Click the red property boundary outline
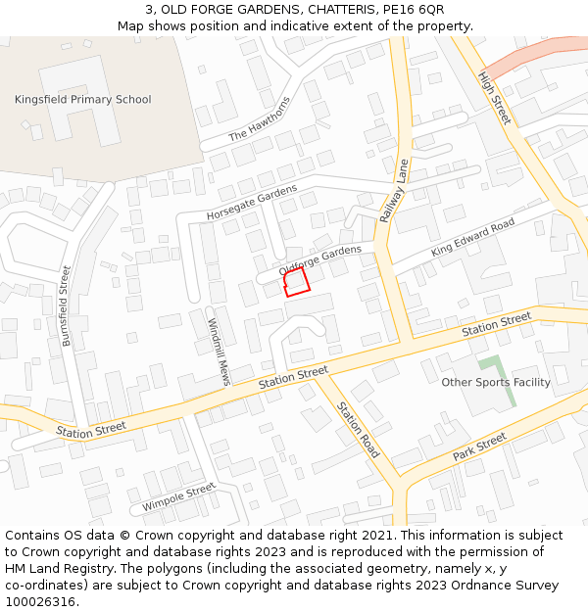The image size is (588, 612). click(296, 283)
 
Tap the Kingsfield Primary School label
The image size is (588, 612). click(82, 99)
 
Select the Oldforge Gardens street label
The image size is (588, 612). click(319, 259)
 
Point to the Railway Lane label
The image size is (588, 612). click(393, 191)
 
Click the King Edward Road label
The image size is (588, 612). click(472, 239)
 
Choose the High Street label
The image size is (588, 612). click(495, 97)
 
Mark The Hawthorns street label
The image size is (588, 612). click(260, 120)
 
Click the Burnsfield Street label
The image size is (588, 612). click(67, 306)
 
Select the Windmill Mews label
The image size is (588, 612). click(218, 351)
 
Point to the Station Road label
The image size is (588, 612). click(358, 430)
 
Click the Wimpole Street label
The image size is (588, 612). click(178, 497)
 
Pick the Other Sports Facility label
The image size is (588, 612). click(496, 382)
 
